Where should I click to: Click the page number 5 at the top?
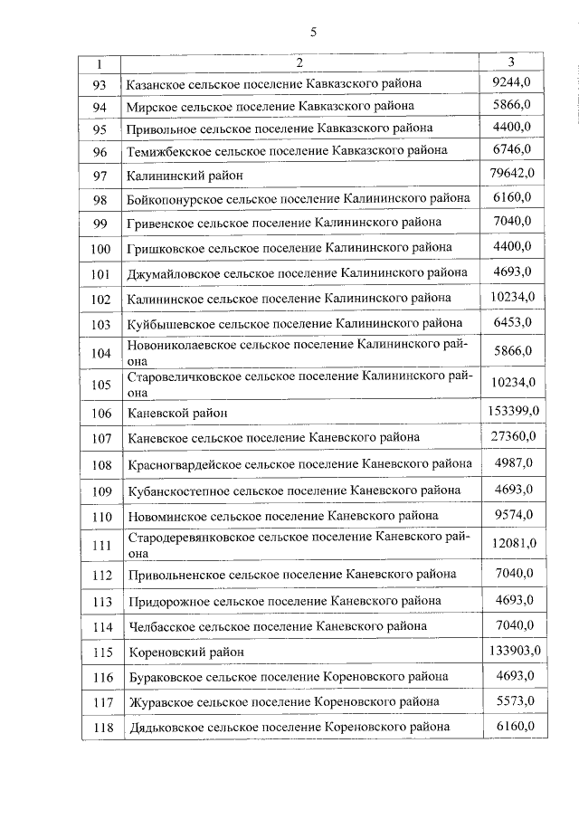(314, 33)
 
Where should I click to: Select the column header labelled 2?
(299, 63)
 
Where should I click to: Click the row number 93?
(100, 85)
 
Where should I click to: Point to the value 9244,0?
(512, 82)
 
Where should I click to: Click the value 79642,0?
(512, 173)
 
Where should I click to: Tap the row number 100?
(100, 249)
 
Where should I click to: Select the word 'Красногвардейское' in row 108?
(184, 463)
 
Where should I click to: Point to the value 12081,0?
(512, 543)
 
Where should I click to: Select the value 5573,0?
(512, 700)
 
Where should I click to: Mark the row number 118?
(100, 728)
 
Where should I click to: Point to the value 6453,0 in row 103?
(512, 322)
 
